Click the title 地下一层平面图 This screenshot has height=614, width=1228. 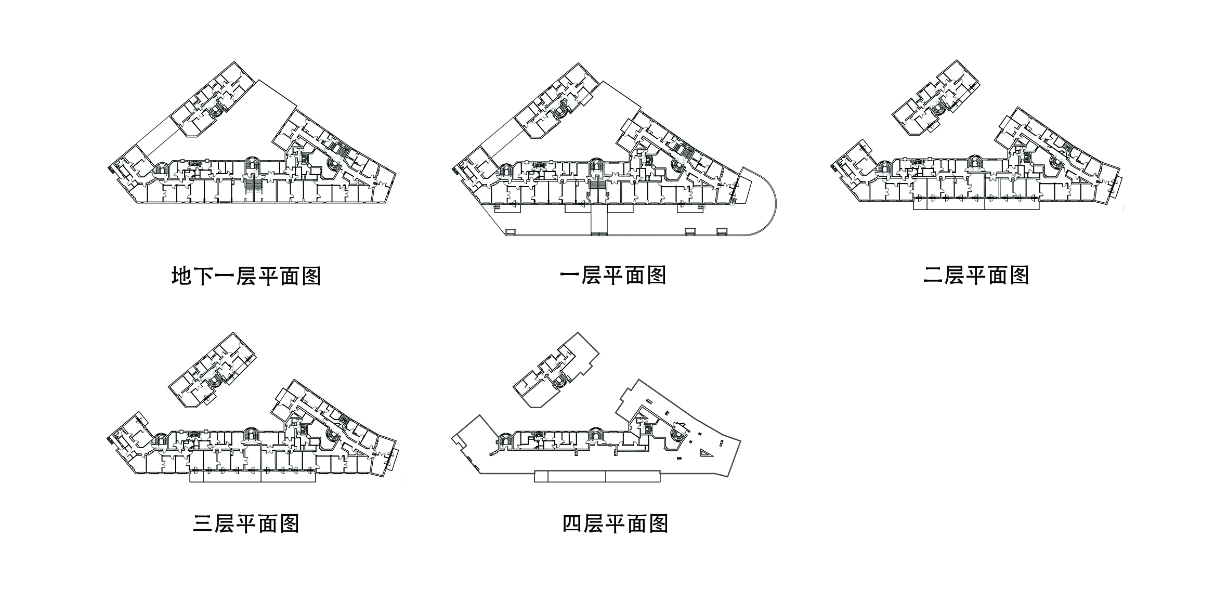pos(246,276)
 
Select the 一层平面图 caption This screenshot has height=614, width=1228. pos(613,275)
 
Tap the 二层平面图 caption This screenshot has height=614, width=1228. pos(976,275)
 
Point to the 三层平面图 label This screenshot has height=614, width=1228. pos(246,524)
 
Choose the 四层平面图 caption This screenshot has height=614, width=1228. pos(615,524)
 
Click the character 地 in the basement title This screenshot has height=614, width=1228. pos(182,276)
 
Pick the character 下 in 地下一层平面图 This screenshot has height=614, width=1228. pos(203,276)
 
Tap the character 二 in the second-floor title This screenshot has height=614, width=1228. pos(933,275)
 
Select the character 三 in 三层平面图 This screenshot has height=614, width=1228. pos(203,524)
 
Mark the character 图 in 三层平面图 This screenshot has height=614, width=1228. pos(289,524)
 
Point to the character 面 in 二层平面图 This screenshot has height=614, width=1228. pos(997,275)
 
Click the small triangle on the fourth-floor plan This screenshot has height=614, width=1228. pos(706,453)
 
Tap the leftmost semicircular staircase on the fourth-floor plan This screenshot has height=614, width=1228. pos(504,440)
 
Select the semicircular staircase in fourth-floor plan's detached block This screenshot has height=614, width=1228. pos(559,381)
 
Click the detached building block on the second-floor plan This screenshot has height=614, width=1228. pos(934,99)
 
